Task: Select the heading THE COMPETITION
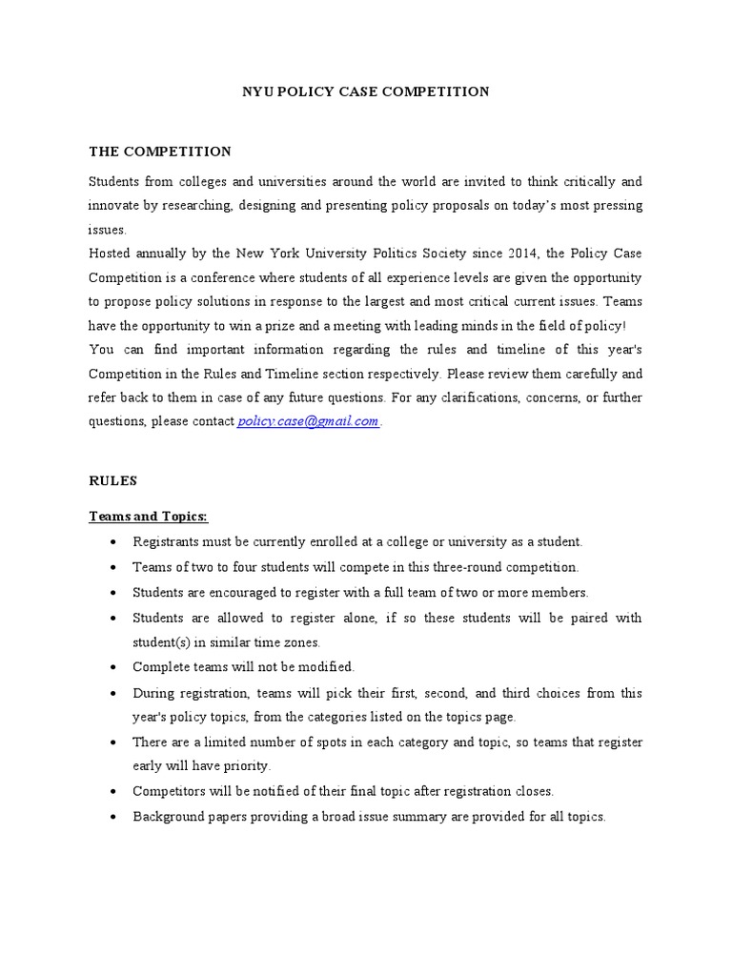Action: point(160,152)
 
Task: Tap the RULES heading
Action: point(113,481)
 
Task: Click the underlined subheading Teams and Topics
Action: point(148,516)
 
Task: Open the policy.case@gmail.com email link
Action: point(308,422)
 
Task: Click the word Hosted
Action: point(111,254)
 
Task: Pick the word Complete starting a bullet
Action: point(162,667)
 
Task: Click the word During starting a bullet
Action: point(153,693)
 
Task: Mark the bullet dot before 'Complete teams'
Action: point(113,668)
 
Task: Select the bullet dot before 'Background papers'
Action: point(113,818)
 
